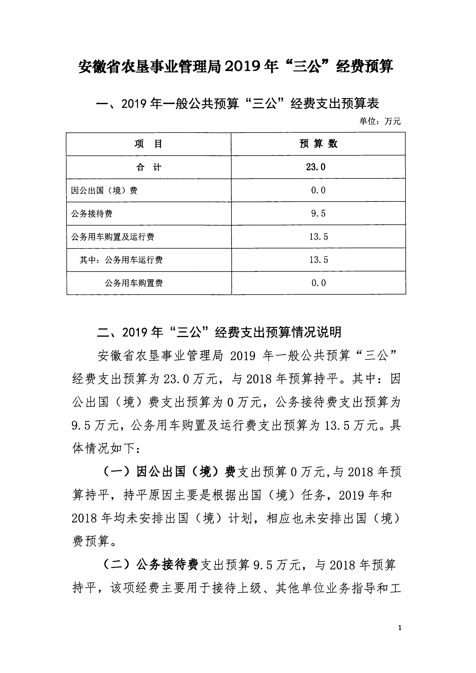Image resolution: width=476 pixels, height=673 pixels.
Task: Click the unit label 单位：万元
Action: click(380, 121)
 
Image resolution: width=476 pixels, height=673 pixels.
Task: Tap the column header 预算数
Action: click(318, 144)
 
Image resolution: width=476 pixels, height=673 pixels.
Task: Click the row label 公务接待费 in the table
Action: click(92, 213)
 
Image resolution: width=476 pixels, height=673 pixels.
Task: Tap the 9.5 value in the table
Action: click(318, 213)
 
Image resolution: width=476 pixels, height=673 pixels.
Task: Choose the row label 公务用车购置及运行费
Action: click(113, 237)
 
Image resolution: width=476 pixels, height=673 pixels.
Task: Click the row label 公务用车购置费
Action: click(134, 283)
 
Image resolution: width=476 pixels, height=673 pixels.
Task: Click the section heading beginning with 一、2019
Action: click(238, 103)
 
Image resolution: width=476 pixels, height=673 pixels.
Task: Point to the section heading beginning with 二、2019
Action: click(219, 332)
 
